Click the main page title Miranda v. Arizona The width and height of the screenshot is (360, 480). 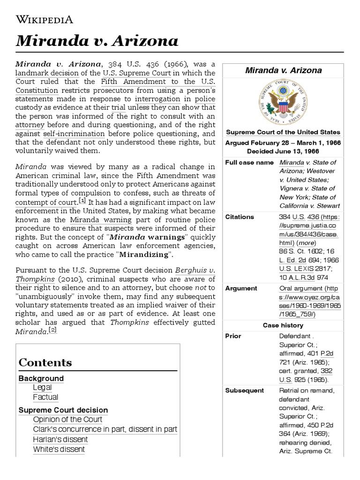point(97,41)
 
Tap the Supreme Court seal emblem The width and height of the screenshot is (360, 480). point(283,103)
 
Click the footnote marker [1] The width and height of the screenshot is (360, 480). point(82,201)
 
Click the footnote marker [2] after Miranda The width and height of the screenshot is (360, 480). point(52,330)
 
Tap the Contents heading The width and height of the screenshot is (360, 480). point(45,362)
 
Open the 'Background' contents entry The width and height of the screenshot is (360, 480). point(41,378)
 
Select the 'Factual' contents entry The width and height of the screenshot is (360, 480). point(45,397)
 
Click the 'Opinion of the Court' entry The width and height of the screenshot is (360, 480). point(67,420)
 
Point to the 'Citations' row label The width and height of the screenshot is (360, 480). point(240,217)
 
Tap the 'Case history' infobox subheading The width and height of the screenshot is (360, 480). point(283,325)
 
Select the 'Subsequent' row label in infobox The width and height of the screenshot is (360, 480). point(244,390)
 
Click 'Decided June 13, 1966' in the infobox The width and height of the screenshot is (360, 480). point(283,151)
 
